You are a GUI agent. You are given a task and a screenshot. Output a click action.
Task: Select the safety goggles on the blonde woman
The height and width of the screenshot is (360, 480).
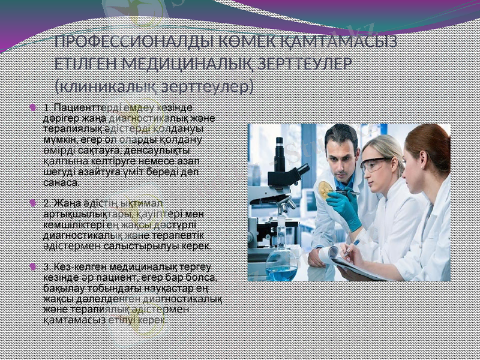376,164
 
